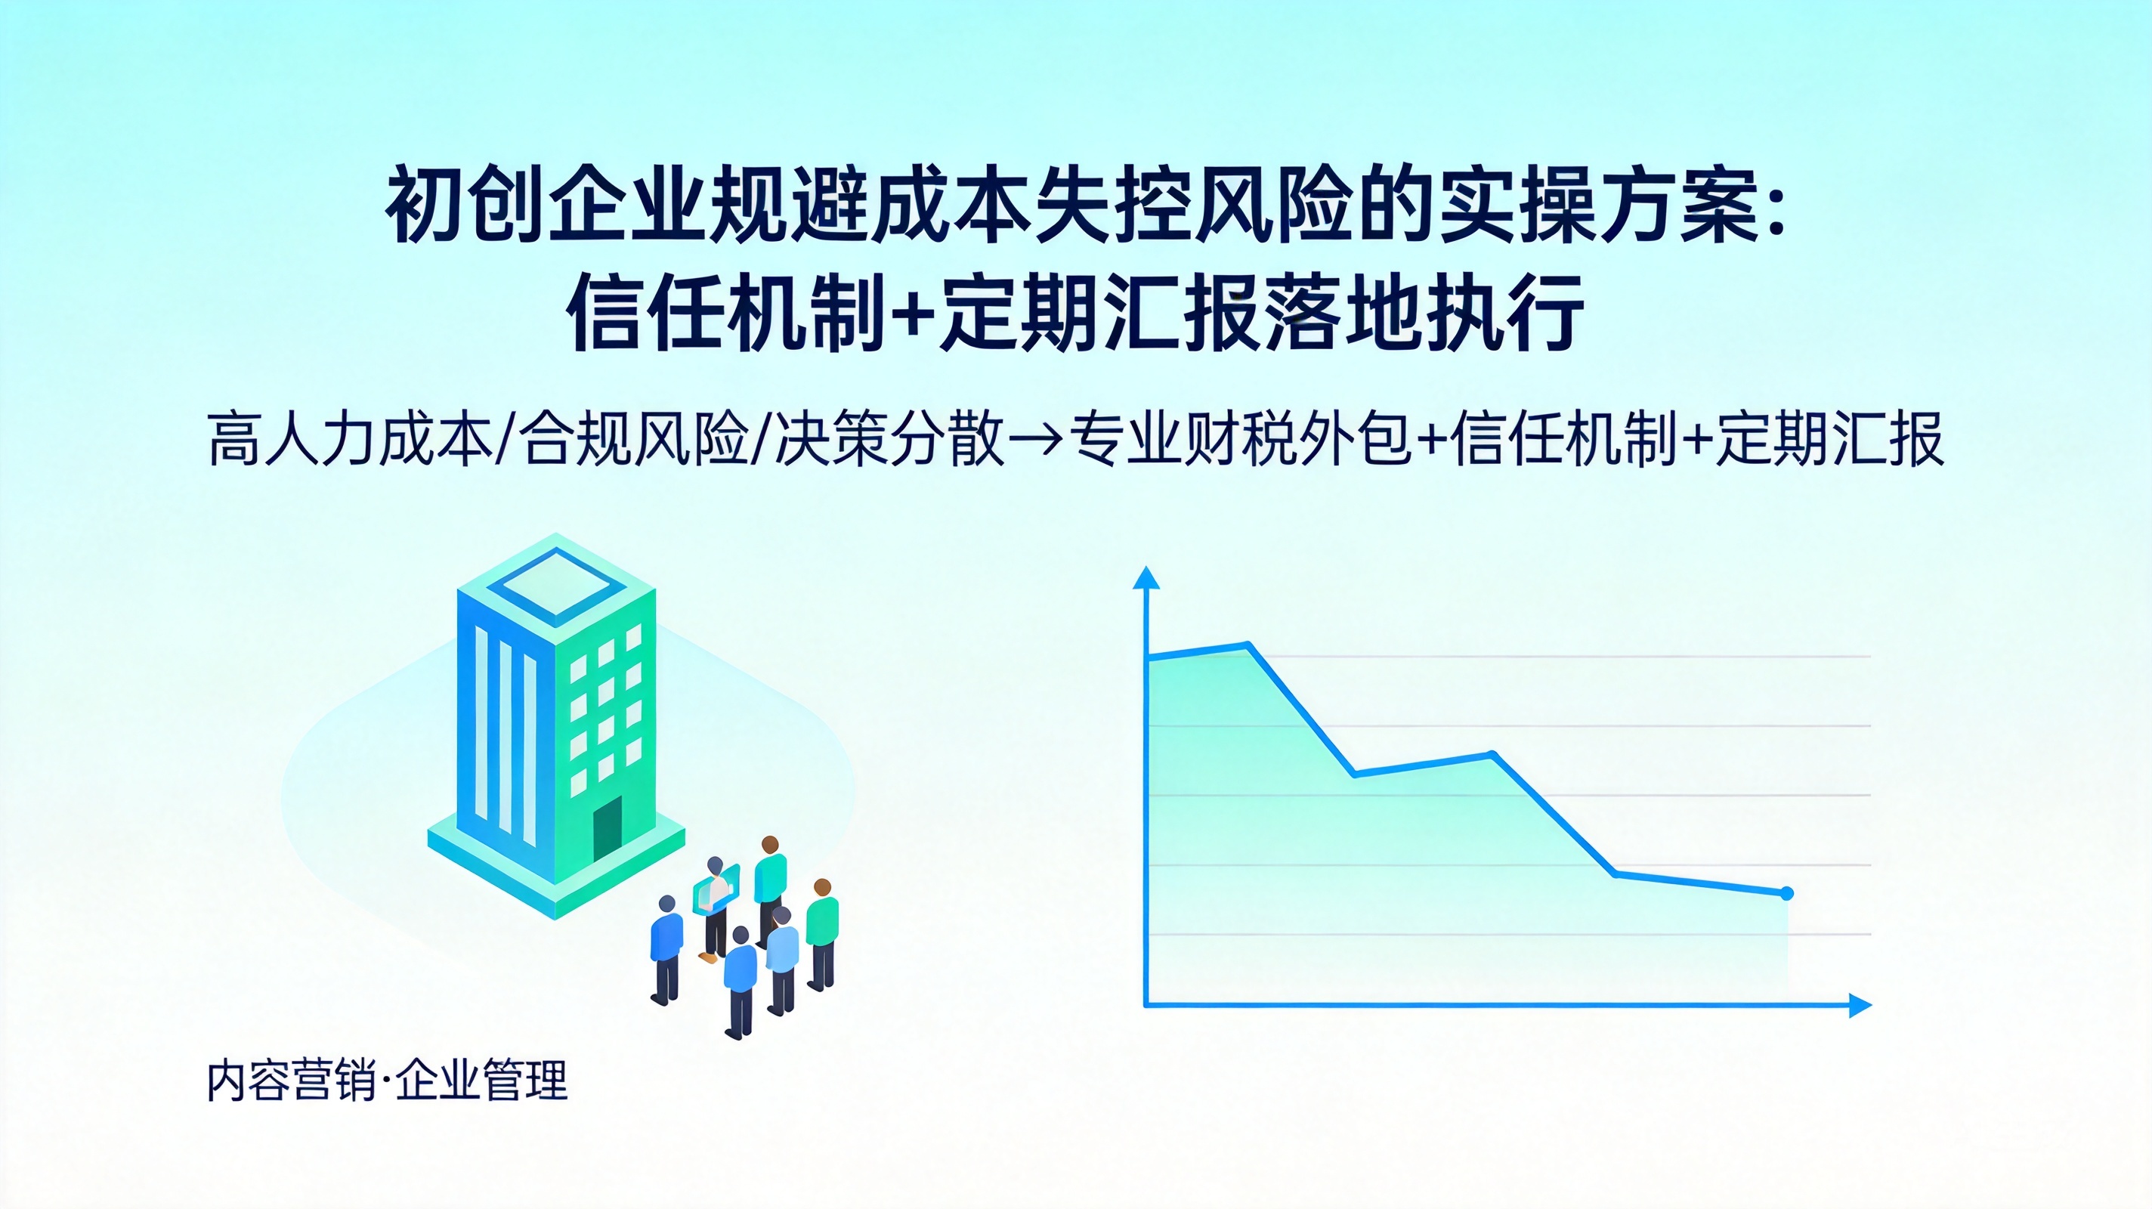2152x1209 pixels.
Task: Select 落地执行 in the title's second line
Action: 1424,314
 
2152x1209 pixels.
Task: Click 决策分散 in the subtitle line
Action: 889,437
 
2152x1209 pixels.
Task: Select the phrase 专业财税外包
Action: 1241,437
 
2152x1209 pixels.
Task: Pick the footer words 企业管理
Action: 482,1081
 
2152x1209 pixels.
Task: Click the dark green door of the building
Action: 608,829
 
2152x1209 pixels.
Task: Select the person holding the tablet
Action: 715,908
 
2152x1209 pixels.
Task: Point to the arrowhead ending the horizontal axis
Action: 1860,1005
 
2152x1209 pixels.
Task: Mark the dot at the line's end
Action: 1787,894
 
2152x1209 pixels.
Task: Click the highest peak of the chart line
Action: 1248,645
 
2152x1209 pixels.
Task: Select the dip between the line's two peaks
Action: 1354,775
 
